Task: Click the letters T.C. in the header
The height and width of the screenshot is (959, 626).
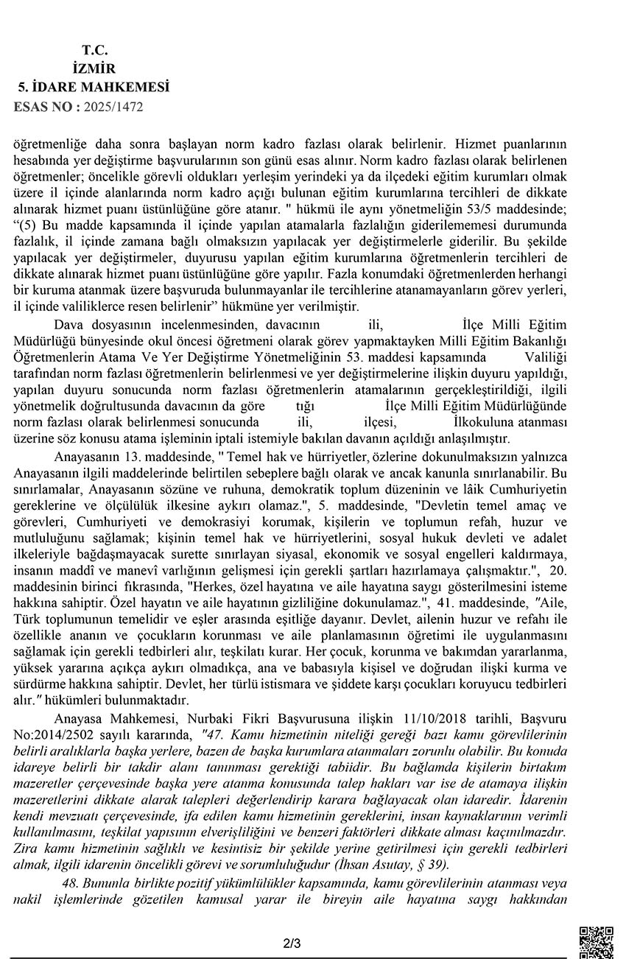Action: (95, 50)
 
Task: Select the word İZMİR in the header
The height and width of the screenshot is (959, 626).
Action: (95, 68)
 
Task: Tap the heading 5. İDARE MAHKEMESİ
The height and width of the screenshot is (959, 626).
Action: (94, 87)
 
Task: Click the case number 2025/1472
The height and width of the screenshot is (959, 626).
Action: (114, 106)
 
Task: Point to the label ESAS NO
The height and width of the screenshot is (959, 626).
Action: (45, 106)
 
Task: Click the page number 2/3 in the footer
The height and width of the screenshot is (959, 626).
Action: (292, 943)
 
